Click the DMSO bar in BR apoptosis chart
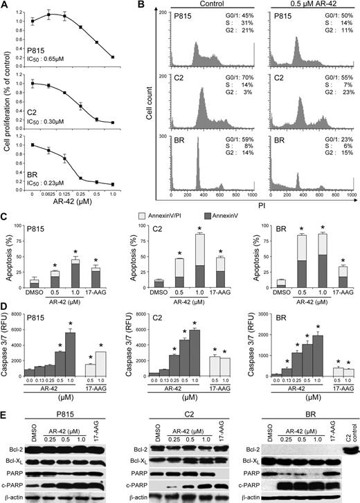pyautogui.click(x=262, y=283)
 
